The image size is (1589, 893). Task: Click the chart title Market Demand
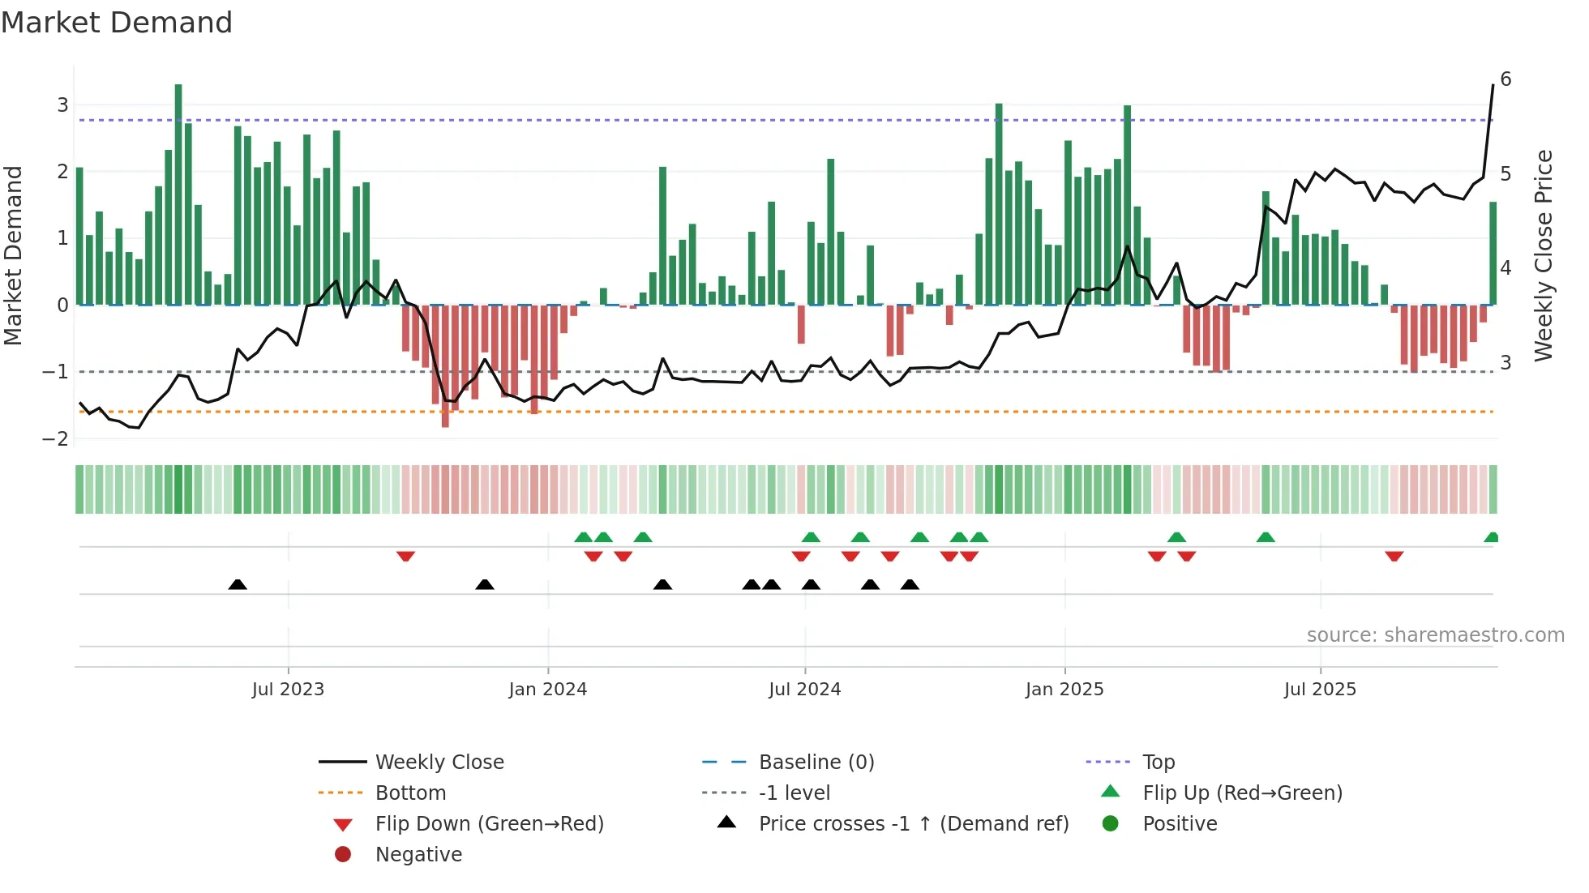click(x=117, y=23)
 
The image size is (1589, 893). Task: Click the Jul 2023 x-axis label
click(x=288, y=690)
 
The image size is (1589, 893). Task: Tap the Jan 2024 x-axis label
click(x=547, y=690)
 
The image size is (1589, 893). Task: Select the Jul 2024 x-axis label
click(x=804, y=690)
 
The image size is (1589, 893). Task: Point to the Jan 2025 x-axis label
click(x=1064, y=690)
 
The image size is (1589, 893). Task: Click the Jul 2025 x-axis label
click(x=1320, y=690)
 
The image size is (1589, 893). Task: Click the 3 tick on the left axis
click(x=62, y=105)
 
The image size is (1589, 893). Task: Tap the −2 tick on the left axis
click(x=56, y=438)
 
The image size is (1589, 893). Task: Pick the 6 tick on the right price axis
click(x=1505, y=79)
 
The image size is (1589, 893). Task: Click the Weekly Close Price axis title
click(x=1544, y=255)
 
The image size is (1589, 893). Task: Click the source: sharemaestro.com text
click(x=1435, y=635)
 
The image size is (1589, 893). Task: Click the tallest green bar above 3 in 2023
click(x=178, y=194)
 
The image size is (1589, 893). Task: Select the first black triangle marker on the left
click(x=238, y=584)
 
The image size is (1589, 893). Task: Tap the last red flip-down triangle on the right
click(x=1394, y=556)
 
